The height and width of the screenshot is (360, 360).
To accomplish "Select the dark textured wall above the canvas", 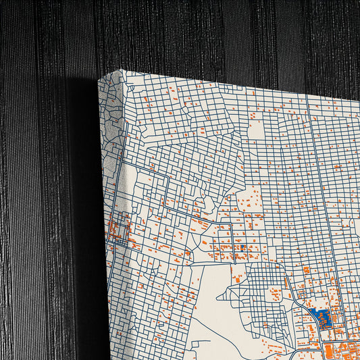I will click(203, 34).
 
